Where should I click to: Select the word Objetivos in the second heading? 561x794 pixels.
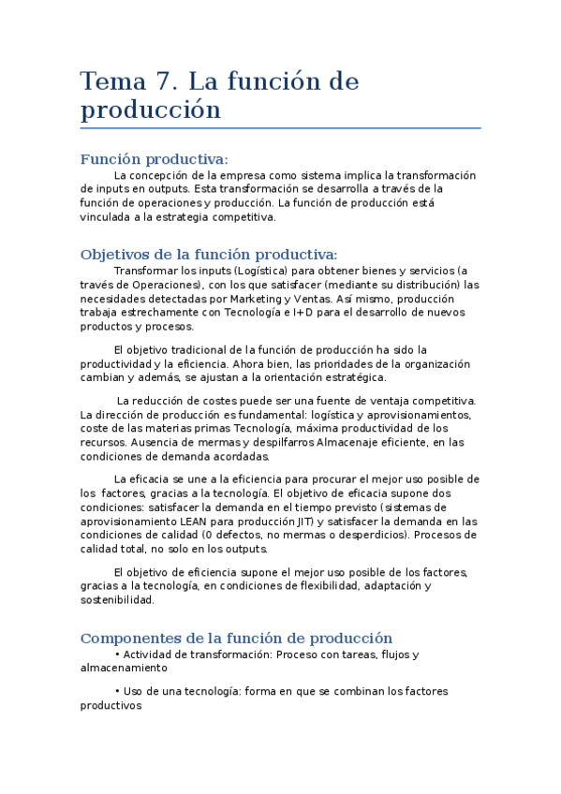pyautogui.click(x=116, y=255)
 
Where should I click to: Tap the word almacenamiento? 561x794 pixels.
pyautogui.click(x=125, y=669)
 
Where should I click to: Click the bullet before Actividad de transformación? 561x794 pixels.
pyautogui.click(x=116, y=654)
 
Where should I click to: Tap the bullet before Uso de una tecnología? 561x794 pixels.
pyautogui.click(x=116, y=691)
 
